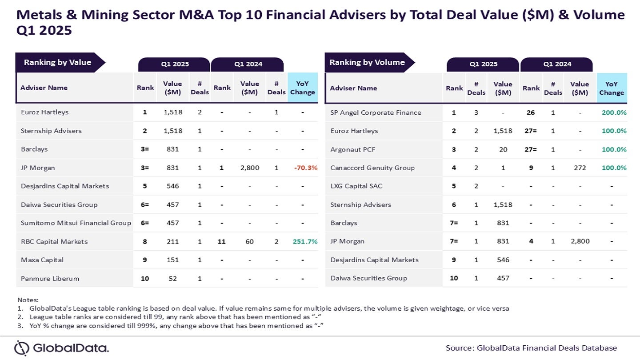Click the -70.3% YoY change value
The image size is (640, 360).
(305, 168)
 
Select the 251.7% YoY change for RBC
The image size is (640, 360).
(305, 242)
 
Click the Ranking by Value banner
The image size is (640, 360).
(58, 63)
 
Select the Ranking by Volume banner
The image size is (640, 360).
(367, 63)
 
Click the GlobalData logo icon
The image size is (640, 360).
(22, 348)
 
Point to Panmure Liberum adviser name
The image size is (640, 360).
(50, 279)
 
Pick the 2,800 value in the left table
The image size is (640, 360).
(250, 168)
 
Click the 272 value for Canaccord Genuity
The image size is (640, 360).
(580, 168)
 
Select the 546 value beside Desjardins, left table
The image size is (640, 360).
(172, 186)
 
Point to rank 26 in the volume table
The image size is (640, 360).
(531, 113)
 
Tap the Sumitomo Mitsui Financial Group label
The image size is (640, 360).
(76, 223)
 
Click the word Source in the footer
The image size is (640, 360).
(460, 348)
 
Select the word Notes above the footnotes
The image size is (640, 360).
(28, 300)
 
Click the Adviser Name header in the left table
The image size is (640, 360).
(44, 88)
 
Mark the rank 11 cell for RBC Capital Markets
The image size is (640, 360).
(222, 242)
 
